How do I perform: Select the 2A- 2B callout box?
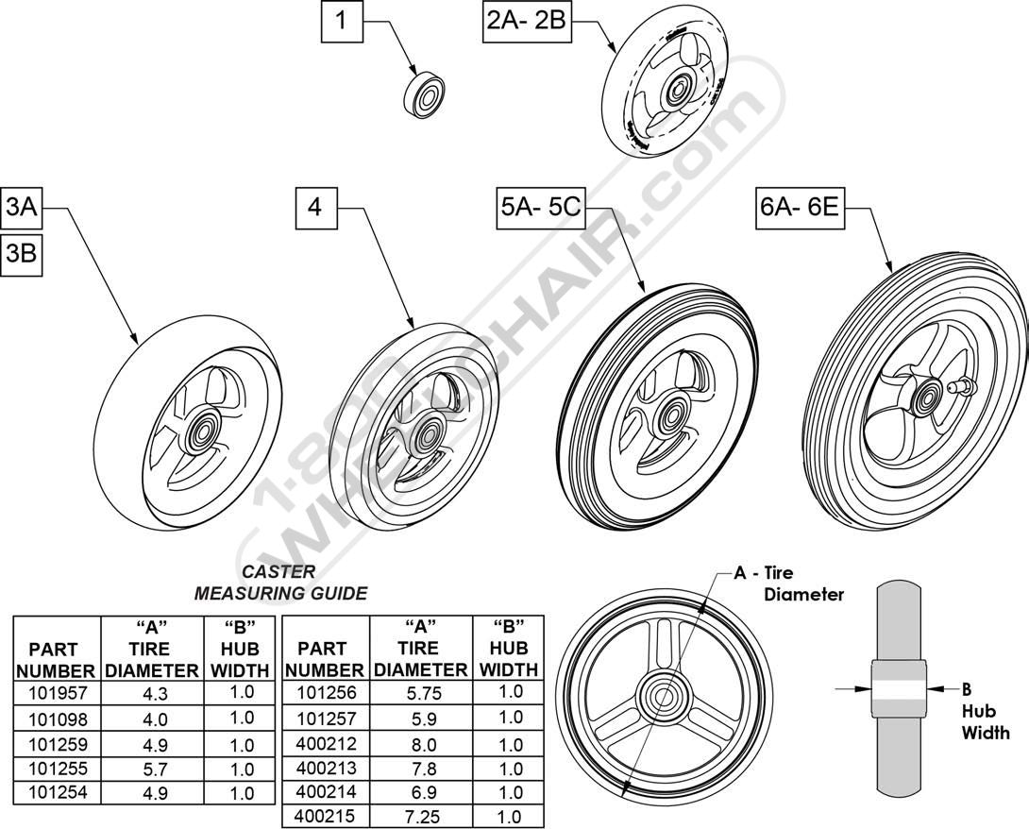[527, 23]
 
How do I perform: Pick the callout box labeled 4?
[316, 208]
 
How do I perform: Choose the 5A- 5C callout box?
[540, 208]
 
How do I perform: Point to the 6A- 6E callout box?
[800, 208]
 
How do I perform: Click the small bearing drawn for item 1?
[424, 96]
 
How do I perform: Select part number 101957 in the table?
[57, 693]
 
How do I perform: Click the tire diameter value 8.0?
[423, 745]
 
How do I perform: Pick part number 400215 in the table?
[326, 817]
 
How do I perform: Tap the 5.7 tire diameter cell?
[154, 769]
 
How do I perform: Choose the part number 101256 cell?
[326, 693]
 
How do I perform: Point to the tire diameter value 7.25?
[423, 817]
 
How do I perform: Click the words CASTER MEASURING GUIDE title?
[280, 583]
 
